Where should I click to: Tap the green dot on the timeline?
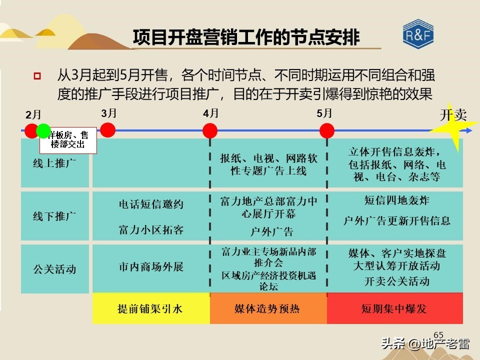click(43, 130)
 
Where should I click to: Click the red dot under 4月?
click(210, 131)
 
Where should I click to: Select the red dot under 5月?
click(327, 130)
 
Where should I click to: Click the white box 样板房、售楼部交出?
click(68, 140)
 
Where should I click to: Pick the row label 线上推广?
click(54, 163)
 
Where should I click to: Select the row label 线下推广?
click(54, 216)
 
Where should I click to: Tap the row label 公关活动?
click(54, 269)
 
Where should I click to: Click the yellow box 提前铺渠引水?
click(150, 308)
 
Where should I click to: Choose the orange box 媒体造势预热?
click(267, 308)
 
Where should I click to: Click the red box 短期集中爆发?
click(394, 308)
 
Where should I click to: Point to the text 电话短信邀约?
click(151, 204)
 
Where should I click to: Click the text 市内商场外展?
click(151, 266)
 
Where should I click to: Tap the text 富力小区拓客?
click(151, 230)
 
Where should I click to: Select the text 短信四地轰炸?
click(396, 200)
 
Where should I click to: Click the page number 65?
click(438, 335)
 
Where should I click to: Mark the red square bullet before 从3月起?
click(36, 76)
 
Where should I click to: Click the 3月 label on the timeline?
click(108, 113)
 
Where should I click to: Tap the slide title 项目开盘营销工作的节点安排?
click(246, 37)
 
